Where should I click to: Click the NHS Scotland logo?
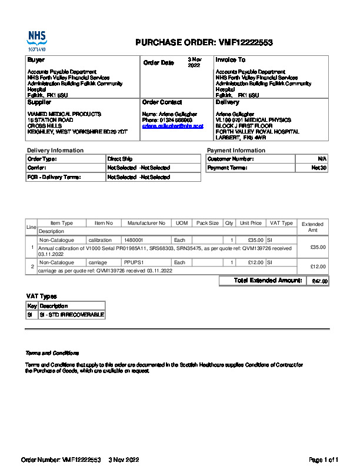click(x=36, y=41)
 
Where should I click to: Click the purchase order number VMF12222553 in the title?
click(x=246, y=42)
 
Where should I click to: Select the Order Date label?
click(x=159, y=62)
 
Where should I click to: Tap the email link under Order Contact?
click(x=172, y=126)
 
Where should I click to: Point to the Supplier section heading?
click(x=39, y=102)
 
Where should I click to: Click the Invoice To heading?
click(x=231, y=59)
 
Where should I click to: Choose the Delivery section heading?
click(x=227, y=102)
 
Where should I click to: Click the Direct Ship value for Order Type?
click(x=120, y=159)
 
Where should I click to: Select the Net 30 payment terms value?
click(x=319, y=168)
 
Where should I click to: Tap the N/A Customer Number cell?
click(x=322, y=159)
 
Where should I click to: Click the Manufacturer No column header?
click(x=146, y=223)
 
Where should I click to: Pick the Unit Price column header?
click(x=251, y=223)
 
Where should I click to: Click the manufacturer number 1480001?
click(x=134, y=240)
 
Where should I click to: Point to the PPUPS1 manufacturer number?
click(x=134, y=262)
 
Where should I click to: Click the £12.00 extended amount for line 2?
click(x=318, y=267)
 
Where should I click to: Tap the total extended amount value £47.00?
click(x=319, y=281)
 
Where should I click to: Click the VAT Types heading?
click(x=42, y=296)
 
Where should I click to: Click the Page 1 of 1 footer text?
click(x=324, y=459)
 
